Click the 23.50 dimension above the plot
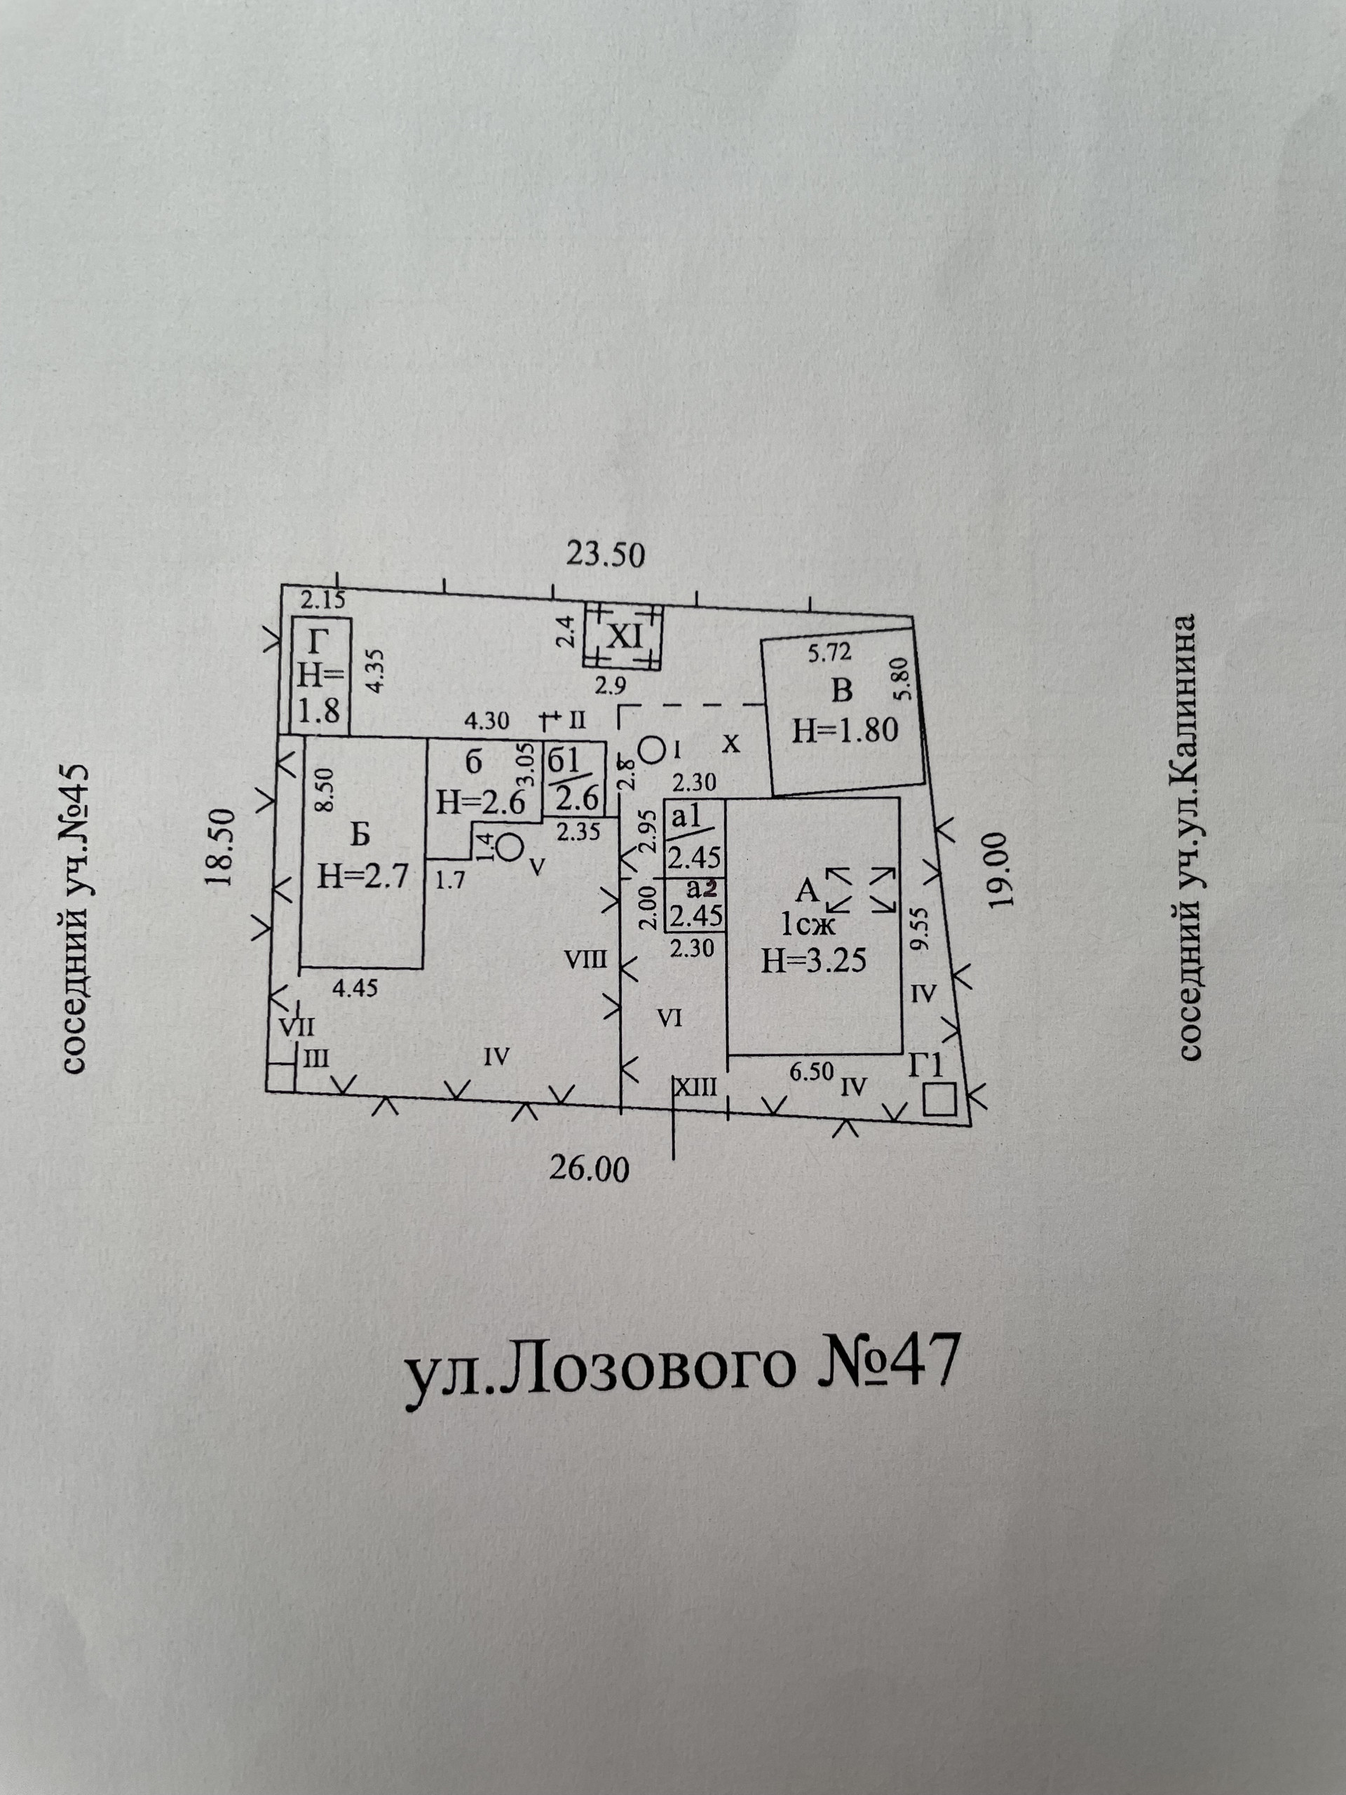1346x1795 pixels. (604, 555)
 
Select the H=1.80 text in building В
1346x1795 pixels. (845, 731)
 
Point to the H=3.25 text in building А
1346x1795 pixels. (814, 961)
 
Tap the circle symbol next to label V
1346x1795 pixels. (510, 848)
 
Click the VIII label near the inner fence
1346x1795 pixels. (586, 960)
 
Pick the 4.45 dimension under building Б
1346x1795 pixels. (355, 989)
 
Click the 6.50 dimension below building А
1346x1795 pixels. (811, 1071)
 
